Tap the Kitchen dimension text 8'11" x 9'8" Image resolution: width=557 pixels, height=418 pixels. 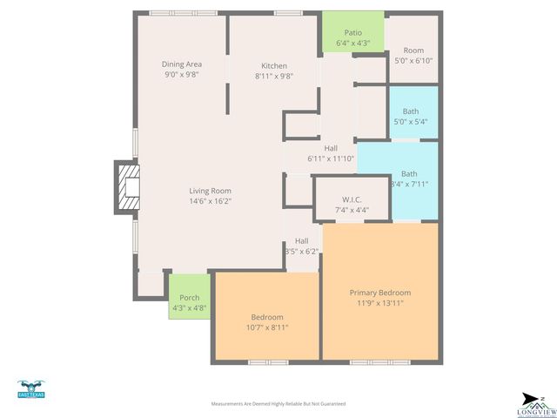[274, 76]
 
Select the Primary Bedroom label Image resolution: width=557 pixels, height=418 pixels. [379, 293]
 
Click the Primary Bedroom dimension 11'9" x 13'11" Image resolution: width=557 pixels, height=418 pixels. [379, 303]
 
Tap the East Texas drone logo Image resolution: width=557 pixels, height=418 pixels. [30, 389]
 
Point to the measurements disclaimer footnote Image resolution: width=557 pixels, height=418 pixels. [278, 404]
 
